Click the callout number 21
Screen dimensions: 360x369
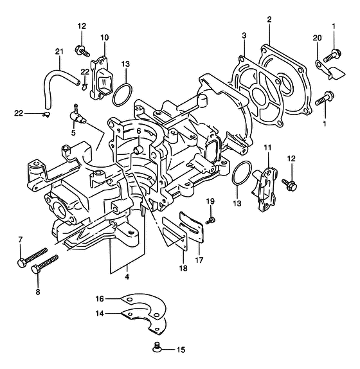(x=59, y=51)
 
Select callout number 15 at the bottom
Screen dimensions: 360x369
(x=181, y=350)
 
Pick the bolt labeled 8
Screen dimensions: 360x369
(x=45, y=264)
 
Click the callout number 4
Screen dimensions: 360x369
(x=127, y=277)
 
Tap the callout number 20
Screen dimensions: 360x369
(x=317, y=38)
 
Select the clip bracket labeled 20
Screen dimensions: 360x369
(x=330, y=69)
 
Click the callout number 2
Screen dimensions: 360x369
(x=269, y=19)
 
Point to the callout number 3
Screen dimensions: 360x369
(x=244, y=36)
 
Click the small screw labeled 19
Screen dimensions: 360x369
(x=211, y=221)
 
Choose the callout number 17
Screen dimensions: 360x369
(x=199, y=260)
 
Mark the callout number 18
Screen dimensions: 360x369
(x=183, y=268)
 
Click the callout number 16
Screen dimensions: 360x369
(x=100, y=299)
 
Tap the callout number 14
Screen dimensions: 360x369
(x=100, y=314)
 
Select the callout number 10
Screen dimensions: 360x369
(x=105, y=37)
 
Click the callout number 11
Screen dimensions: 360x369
(x=267, y=148)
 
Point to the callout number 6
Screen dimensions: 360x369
(x=139, y=131)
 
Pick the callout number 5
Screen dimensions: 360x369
(x=73, y=132)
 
